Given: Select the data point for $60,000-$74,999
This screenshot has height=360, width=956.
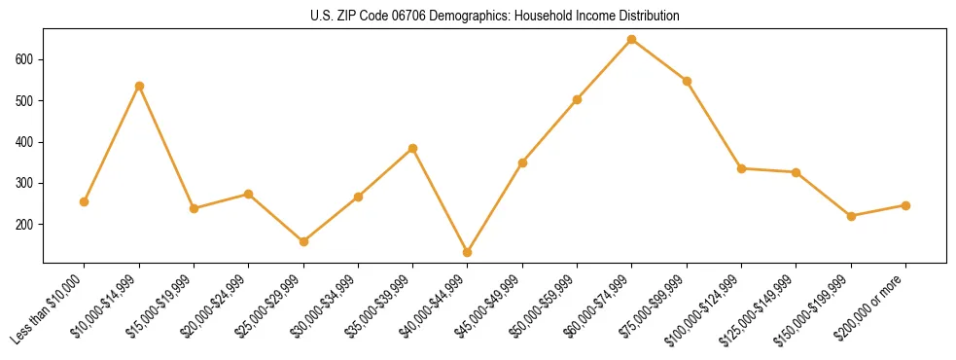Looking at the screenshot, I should tap(632, 40).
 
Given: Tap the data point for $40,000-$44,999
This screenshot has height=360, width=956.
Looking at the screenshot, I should tap(468, 252).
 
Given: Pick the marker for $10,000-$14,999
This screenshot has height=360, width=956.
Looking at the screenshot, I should tap(139, 86).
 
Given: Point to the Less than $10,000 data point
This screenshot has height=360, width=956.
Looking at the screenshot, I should tap(85, 201).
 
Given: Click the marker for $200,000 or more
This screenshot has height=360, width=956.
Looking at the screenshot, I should tap(905, 205).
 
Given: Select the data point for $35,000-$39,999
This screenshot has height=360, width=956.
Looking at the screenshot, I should tap(412, 148).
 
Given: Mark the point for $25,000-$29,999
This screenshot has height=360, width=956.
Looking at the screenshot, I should tap(303, 241).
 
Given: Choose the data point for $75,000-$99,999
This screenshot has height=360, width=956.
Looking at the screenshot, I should tap(687, 81).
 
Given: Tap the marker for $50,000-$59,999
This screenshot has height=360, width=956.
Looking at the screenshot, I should tap(577, 99).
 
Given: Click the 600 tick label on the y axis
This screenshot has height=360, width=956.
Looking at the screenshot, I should tap(25, 59).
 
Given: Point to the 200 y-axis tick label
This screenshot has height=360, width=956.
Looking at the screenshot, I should tap(25, 225).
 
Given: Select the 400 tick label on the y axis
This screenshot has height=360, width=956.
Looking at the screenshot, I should tap(25, 142).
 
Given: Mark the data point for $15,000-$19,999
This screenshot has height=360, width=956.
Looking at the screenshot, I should tap(194, 208).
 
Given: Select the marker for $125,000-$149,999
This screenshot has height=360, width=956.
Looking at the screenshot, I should tap(796, 172).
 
